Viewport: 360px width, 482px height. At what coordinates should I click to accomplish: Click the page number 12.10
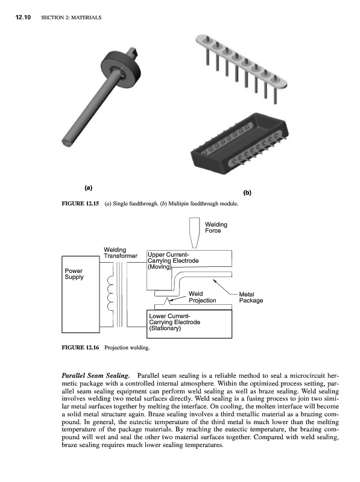[x=23, y=17]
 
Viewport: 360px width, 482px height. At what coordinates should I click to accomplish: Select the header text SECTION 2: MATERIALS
[x=71, y=18]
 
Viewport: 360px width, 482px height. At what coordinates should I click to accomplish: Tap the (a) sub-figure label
[x=88, y=188]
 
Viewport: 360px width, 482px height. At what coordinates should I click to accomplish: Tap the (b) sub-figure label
[x=247, y=193]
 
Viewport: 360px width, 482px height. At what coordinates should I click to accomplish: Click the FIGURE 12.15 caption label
[x=80, y=204]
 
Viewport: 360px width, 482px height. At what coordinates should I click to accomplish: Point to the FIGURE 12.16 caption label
[x=80, y=348]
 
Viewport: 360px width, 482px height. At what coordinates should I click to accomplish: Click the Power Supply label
[x=74, y=274]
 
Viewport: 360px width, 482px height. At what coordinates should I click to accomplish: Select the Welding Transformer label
[x=121, y=252]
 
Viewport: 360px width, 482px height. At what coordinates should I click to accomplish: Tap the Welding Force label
[x=216, y=228]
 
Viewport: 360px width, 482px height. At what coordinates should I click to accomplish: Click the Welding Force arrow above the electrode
[x=194, y=233]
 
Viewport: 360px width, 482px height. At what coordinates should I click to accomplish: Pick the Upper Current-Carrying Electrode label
[x=173, y=261]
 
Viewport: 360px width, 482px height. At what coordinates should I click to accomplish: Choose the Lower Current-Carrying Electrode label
[x=174, y=322]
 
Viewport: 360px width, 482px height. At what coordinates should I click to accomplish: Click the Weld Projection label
[x=202, y=297]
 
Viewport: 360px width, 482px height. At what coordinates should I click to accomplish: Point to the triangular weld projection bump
[x=167, y=301]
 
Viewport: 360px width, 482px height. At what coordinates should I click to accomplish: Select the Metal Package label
[x=251, y=297]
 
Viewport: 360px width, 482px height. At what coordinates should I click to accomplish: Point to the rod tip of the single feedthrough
[x=67, y=142]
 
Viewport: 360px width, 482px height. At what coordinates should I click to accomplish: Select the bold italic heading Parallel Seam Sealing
[x=96, y=375]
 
